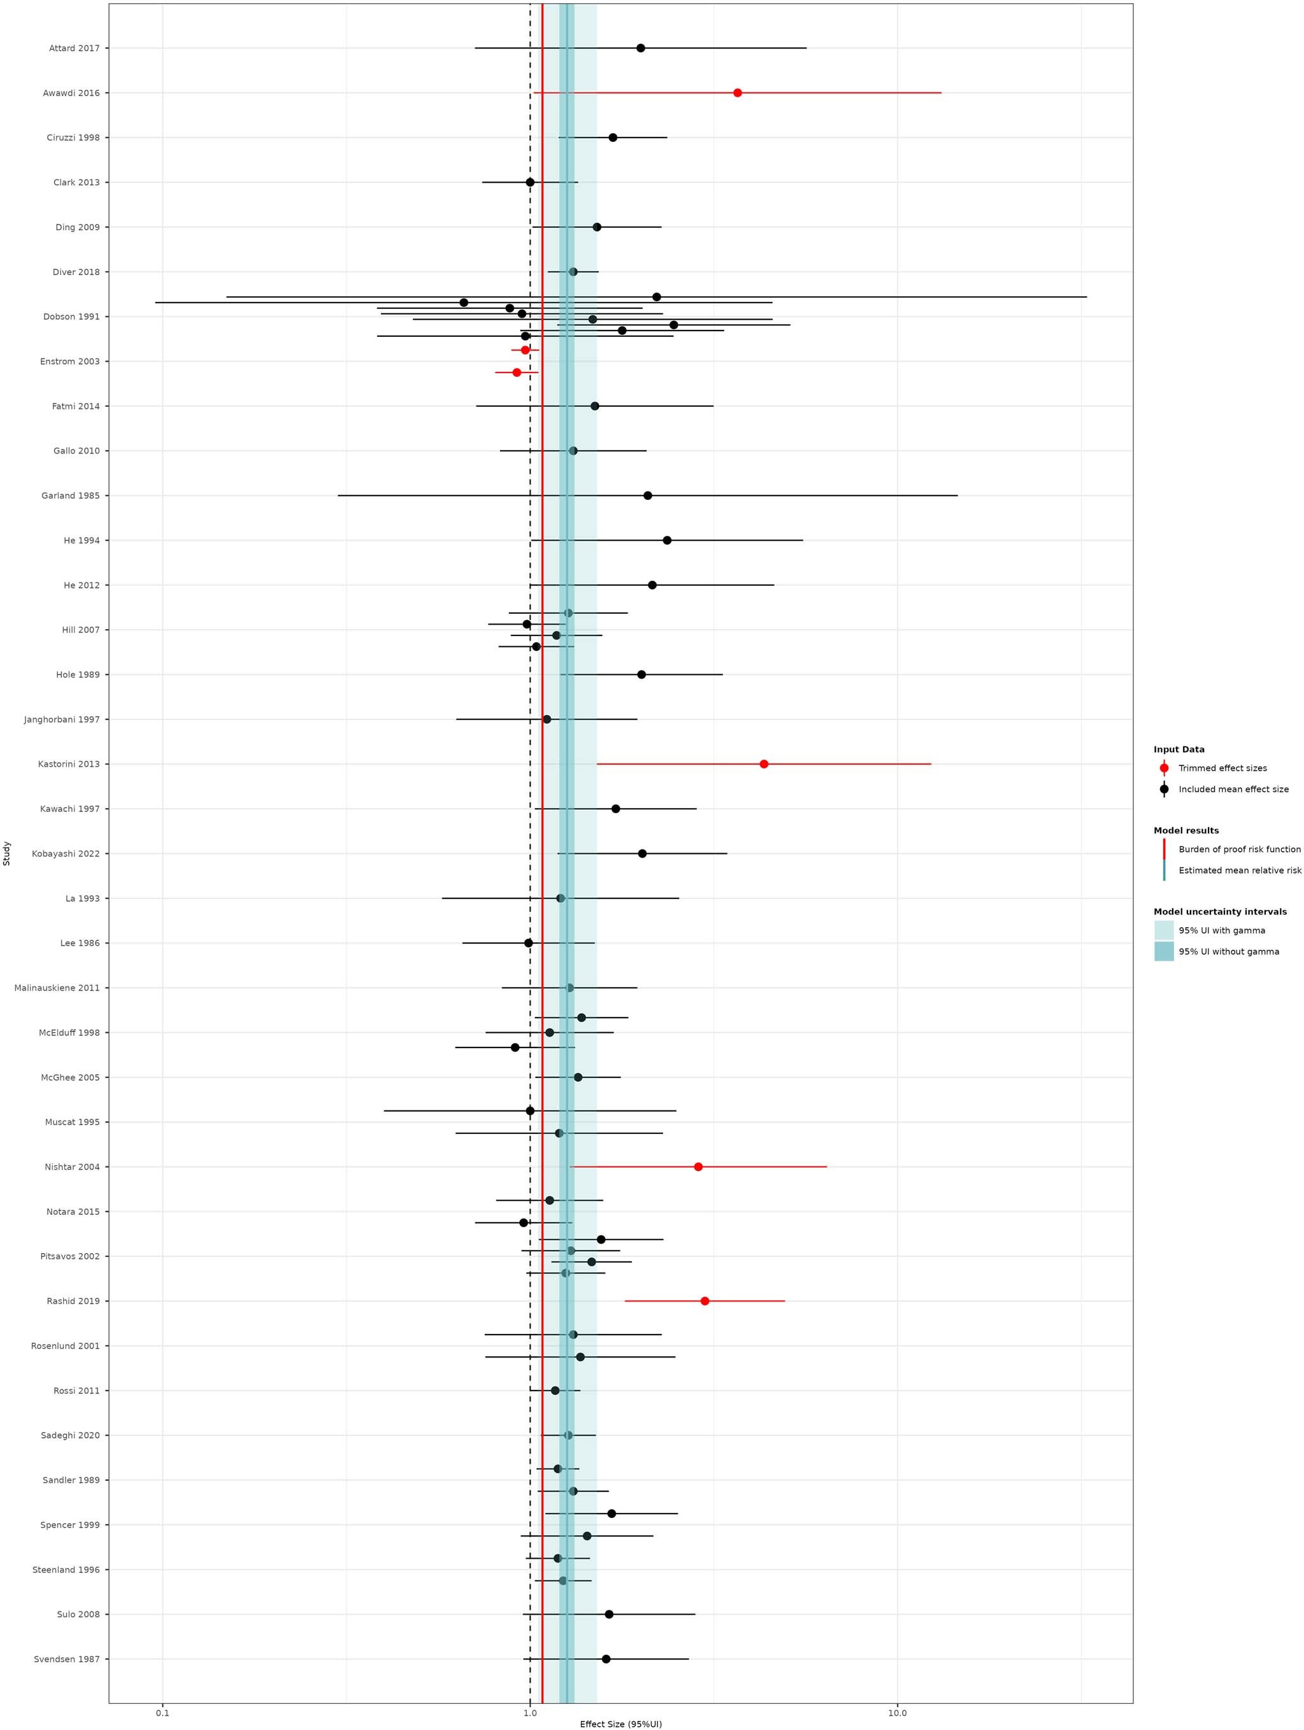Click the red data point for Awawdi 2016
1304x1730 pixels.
(737, 93)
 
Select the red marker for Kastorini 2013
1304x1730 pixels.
(763, 764)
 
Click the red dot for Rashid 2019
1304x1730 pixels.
(705, 1301)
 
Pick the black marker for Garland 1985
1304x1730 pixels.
(648, 496)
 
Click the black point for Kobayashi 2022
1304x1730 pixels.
(642, 853)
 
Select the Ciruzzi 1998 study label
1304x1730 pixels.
(73, 138)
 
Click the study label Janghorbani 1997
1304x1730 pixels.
(62, 720)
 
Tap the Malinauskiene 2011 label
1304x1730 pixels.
(57, 988)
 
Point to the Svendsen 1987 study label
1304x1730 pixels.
(66, 1659)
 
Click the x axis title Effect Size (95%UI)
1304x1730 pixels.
(620, 1723)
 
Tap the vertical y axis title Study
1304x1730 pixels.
(7, 853)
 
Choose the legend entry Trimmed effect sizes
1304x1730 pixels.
(1222, 768)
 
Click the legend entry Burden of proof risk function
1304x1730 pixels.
(1239, 849)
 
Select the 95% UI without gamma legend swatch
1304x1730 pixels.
(1163, 952)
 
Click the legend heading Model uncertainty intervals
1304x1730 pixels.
(1219, 912)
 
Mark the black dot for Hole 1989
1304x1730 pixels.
(641, 674)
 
